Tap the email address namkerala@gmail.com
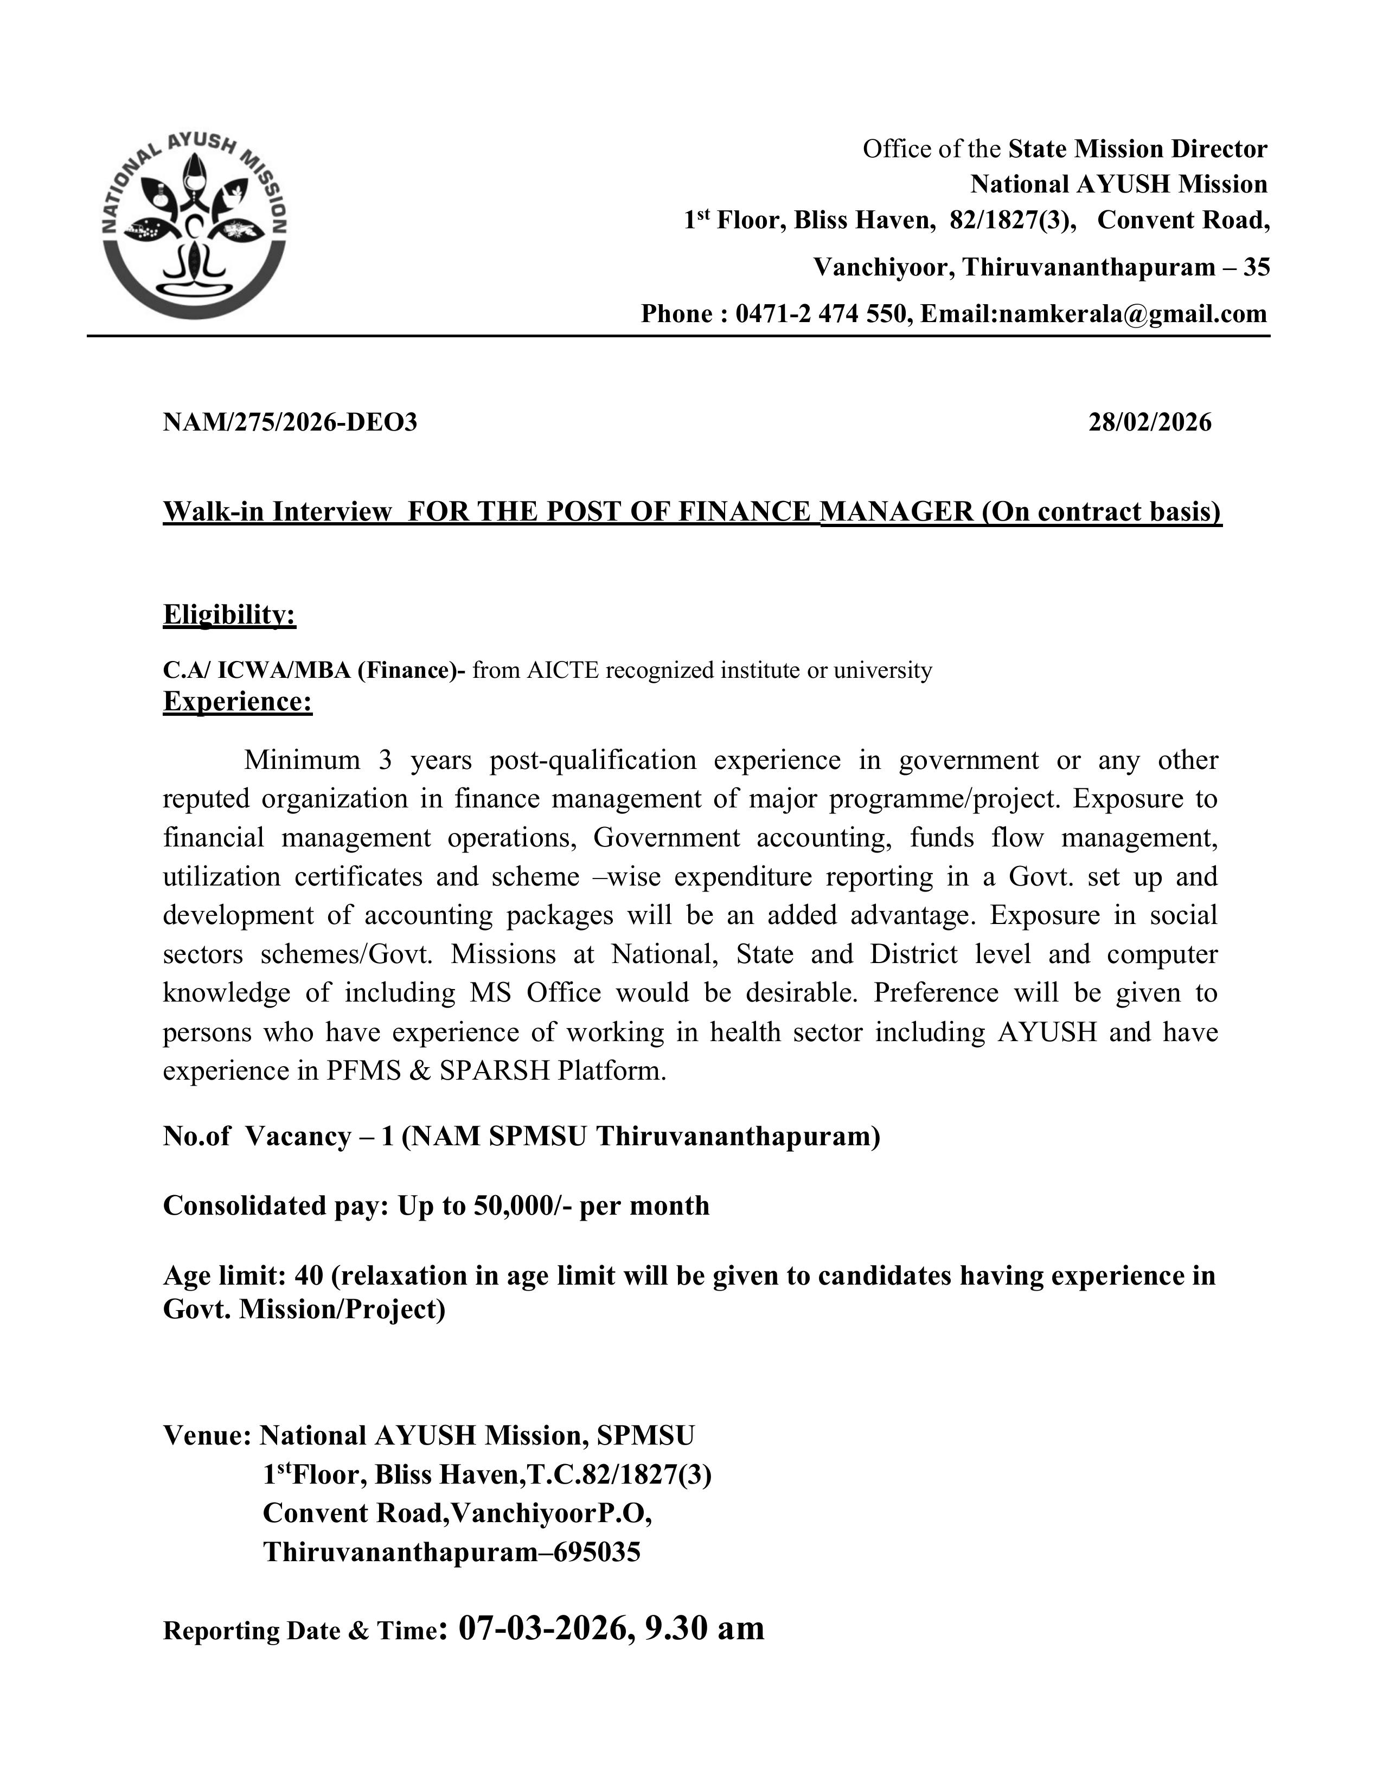click(x=1132, y=314)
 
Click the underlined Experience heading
click(x=237, y=702)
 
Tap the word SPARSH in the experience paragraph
click(x=494, y=1071)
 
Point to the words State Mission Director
click(x=1137, y=149)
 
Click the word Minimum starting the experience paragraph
click(x=302, y=761)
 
